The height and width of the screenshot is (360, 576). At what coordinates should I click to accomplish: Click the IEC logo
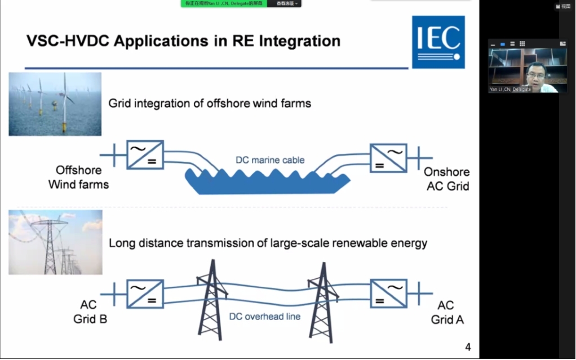click(x=438, y=42)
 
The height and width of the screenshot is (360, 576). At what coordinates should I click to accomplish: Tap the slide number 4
click(x=468, y=347)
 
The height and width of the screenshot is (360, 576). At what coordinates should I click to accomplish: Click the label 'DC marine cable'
click(x=270, y=160)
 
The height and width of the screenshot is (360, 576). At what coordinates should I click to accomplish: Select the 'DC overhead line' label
click(x=264, y=317)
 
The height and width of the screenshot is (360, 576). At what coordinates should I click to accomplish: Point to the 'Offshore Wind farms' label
click(x=78, y=177)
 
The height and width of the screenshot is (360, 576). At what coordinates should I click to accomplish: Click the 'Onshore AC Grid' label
click(x=446, y=179)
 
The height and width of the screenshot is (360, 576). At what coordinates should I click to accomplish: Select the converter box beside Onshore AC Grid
click(x=388, y=157)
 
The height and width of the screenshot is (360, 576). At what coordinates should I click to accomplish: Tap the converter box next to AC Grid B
click(x=145, y=294)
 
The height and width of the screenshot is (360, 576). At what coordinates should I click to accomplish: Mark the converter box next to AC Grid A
click(x=388, y=294)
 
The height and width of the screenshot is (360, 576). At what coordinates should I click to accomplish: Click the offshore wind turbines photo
click(x=55, y=104)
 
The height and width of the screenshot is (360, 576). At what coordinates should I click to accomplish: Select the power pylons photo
click(x=55, y=242)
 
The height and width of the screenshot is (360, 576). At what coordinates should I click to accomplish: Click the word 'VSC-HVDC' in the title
click(x=62, y=41)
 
